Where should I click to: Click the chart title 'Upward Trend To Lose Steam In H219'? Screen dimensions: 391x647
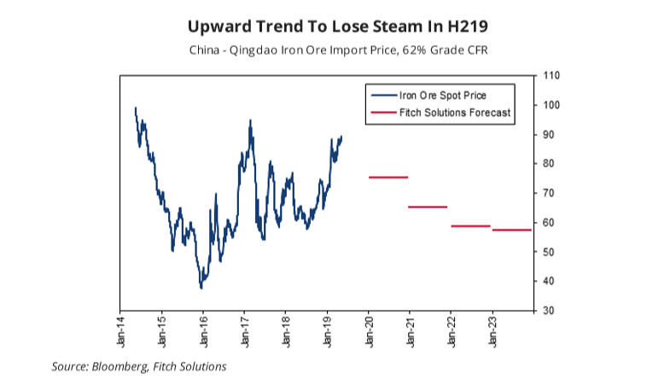pos(323,23)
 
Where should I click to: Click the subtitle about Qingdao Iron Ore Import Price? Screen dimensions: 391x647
pos(323,49)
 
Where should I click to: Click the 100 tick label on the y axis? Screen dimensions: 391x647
pos(551,105)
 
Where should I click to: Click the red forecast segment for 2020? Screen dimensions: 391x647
pos(388,177)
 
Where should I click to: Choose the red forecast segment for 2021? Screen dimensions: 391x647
pos(428,207)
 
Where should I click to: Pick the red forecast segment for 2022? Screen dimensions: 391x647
pos(470,226)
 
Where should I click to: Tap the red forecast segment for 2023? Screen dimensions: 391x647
pos(512,230)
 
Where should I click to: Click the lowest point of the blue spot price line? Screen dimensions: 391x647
pos(201,288)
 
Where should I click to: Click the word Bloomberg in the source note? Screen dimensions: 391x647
pos(120,367)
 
